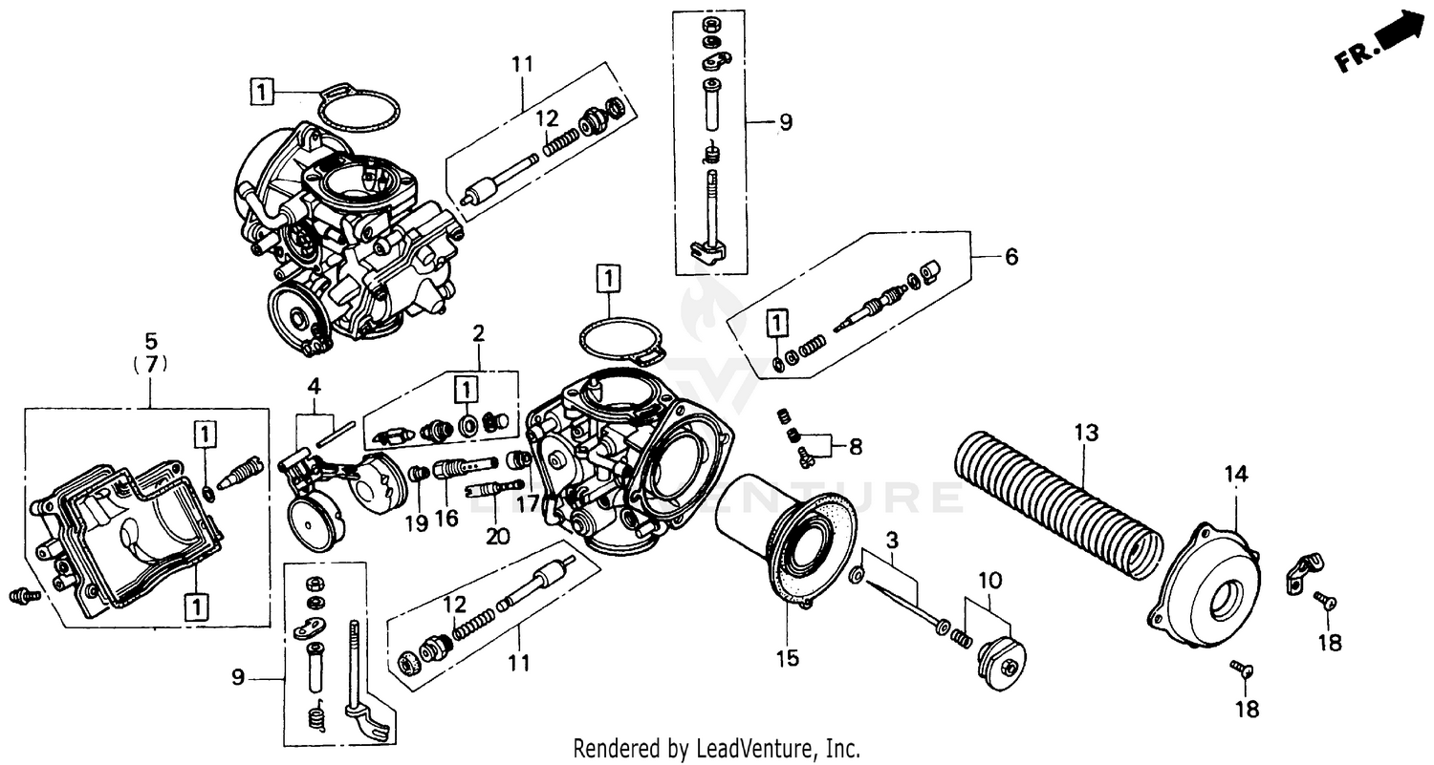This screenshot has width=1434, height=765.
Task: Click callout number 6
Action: point(1010,257)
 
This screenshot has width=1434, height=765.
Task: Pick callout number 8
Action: point(855,445)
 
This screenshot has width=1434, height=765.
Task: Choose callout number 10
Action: point(990,581)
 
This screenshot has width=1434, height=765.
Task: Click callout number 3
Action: point(891,541)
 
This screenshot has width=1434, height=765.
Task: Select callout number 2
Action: point(478,334)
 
